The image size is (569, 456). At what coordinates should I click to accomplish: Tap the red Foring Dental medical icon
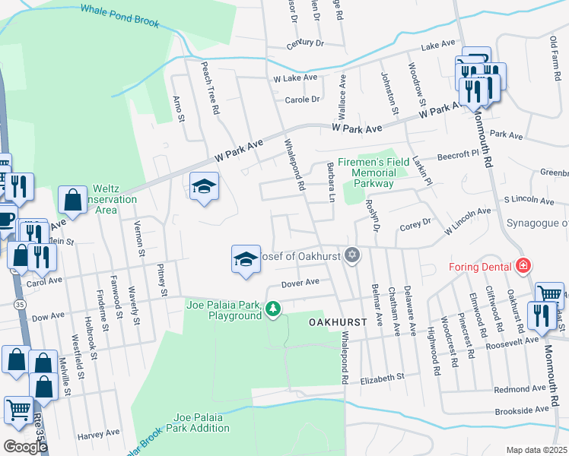[x=523, y=266]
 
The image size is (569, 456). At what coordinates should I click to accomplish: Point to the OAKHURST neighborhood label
[x=338, y=322]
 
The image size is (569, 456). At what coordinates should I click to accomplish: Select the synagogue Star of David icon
[x=351, y=255]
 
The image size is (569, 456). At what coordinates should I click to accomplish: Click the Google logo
[x=25, y=446]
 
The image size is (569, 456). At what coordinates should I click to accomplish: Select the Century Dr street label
[x=305, y=44]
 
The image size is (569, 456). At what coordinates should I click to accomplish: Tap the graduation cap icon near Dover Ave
[x=246, y=259]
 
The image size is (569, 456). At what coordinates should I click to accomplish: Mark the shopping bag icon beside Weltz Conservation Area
[x=72, y=201]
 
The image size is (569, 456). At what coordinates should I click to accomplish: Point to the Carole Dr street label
[x=302, y=100]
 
